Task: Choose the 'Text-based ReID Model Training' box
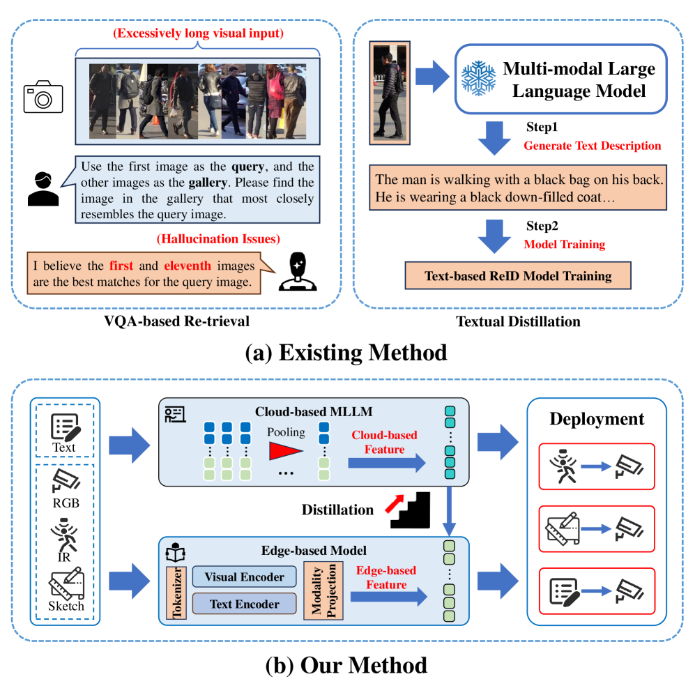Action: (518, 275)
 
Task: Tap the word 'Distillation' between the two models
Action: (337, 510)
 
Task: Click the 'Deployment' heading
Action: (597, 419)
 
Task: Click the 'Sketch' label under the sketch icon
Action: (66, 605)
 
